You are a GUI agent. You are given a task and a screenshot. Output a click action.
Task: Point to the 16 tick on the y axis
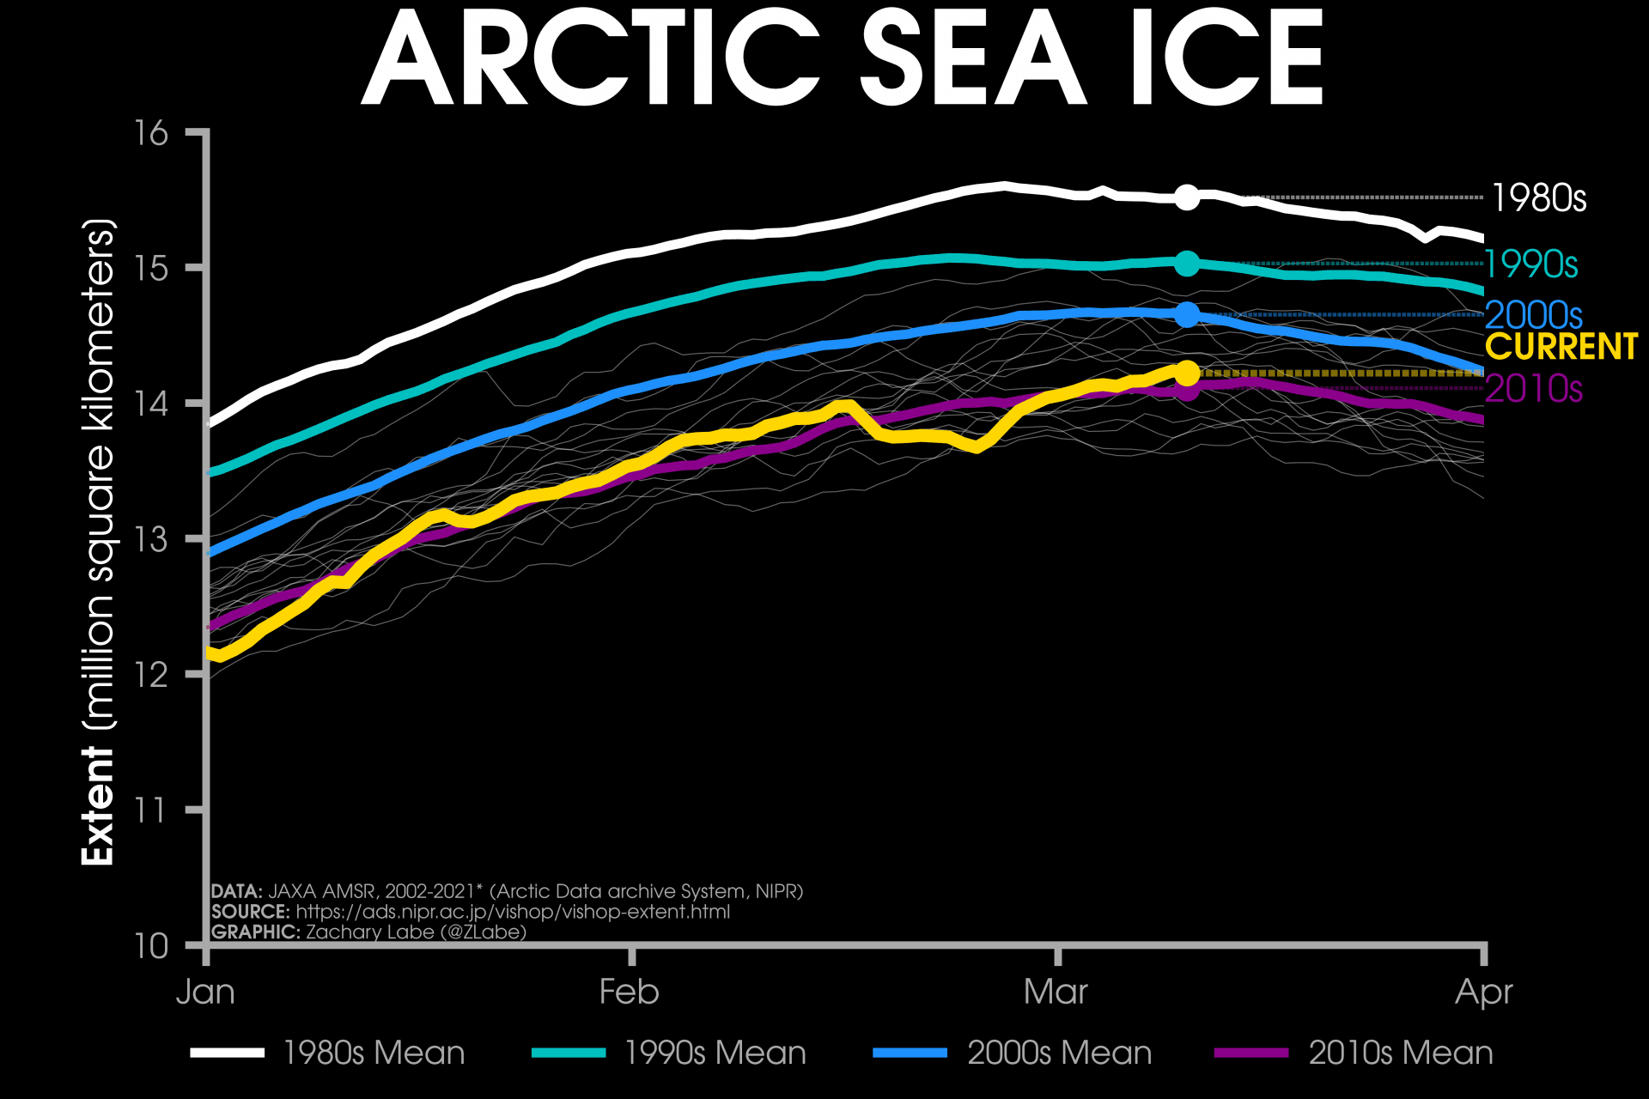point(151,133)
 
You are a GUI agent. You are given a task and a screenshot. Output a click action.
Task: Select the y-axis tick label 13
point(151,539)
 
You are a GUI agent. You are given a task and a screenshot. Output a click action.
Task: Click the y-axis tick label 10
point(151,945)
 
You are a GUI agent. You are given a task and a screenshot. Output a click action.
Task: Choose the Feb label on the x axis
point(630,992)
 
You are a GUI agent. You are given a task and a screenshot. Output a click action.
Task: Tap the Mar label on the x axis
point(1056,992)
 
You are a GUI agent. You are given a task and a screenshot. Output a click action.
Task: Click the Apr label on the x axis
point(1483,992)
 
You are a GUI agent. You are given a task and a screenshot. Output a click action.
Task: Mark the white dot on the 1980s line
point(1186,197)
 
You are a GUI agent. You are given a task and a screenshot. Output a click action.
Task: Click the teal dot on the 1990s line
point(1186,264)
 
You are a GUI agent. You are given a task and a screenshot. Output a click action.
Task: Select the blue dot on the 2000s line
point(1186,315)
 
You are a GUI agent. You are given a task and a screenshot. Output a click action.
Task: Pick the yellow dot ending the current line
point(1186,373)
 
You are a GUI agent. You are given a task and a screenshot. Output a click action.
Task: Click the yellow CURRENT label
point(1561,347)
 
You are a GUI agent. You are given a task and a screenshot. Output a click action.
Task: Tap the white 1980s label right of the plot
point(1538,198)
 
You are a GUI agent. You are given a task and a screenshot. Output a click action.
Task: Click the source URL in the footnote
point(513,912)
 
